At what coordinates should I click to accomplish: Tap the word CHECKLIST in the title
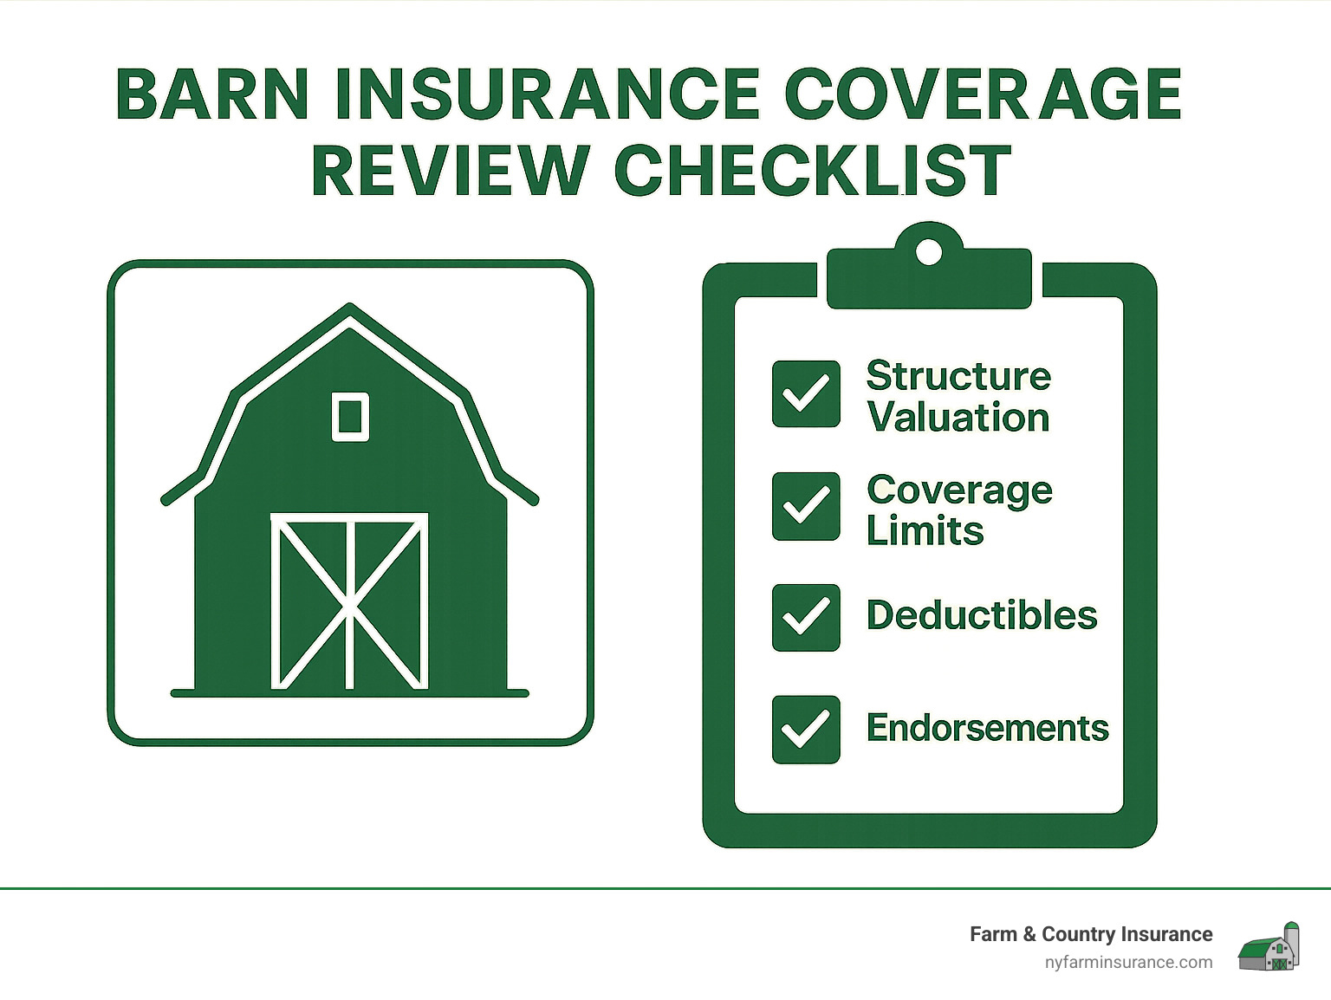(x=813, y=170)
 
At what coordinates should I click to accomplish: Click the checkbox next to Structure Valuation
(x=806, y=394)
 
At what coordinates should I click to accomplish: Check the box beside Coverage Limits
(x=806, y=506)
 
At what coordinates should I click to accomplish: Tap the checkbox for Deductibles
(x=806, y=618)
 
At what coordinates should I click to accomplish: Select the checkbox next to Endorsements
(x=806, y=730)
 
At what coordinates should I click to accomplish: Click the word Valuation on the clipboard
(x=958, y=418)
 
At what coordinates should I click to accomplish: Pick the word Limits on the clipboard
(x=925, y=530)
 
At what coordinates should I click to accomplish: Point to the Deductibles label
(x=982, y=615)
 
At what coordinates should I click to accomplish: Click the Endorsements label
(x=988, y=728)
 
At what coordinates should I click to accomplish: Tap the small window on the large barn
(x=350, y=417)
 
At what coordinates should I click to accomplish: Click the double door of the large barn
(x=349, y=601)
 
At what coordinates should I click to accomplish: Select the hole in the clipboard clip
(x=929, y=252)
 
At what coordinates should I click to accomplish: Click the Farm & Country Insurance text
(x=1091, y=934)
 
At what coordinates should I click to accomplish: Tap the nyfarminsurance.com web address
(x=1128, y=962)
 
